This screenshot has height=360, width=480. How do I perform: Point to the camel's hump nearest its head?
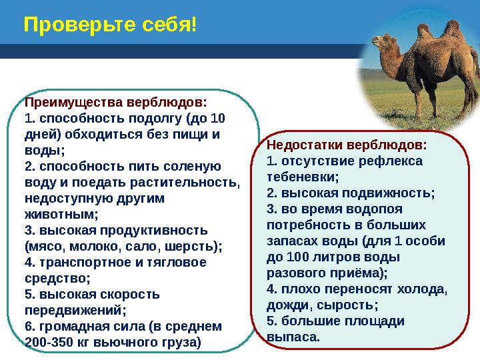pos(425,31)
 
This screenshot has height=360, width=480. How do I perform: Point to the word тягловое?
pos(181,262)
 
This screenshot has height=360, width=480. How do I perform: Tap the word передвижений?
pos(74,310)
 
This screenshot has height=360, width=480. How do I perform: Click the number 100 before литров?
pos(293,257)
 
